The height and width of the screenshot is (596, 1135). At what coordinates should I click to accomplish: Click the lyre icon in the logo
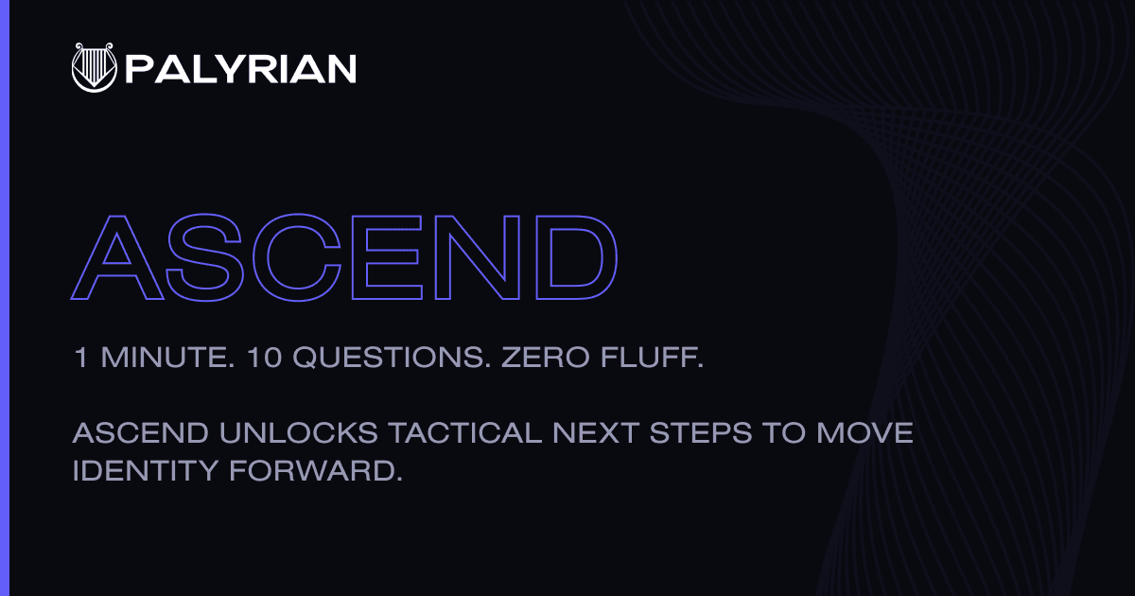click(95, 67)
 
